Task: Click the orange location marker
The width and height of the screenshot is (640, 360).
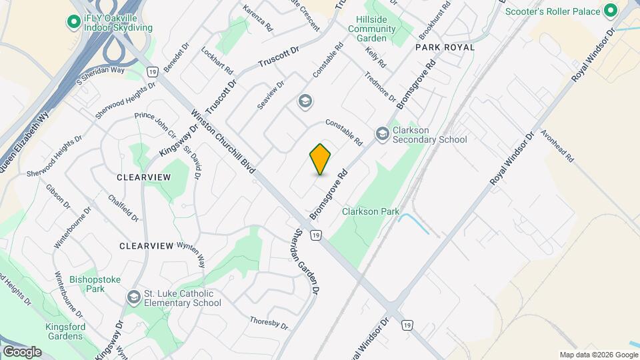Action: (x=321, y=159)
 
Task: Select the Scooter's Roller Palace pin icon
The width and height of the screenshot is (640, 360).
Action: (x=610, y=11)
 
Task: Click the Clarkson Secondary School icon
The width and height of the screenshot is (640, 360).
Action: (x=382, y=135)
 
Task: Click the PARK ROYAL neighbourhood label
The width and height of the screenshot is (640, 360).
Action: (x=445, y=47)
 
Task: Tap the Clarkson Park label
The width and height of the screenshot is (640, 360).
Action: (x=371, y=212)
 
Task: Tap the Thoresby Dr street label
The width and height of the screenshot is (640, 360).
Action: (x=269, y=323)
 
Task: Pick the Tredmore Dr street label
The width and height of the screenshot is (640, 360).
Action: (x=380, y=87)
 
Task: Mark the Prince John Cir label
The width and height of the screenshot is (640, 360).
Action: (x=155, y=125)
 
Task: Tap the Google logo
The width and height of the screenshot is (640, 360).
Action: (x=21, y=352)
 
